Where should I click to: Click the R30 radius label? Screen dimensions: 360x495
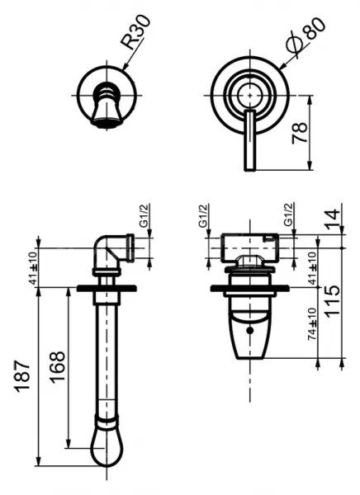(x=136, y=31)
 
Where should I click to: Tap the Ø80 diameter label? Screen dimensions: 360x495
(x=305, y=38)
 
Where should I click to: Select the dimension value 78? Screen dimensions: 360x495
(x=299, y=133)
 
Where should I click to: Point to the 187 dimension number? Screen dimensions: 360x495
(x=23, y=376)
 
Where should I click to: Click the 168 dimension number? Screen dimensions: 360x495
(x=58, y=367)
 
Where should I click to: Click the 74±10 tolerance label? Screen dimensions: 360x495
(x=312, y=324)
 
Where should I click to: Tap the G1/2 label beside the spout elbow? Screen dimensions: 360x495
(x=144, y=215)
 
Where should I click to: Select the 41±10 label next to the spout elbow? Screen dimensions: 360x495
(x=33, y=267)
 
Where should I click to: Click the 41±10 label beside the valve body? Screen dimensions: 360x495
(x=312, y=268)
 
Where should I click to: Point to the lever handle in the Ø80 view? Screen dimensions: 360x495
(x=249, y=141)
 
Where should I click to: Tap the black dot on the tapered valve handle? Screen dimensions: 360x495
(x=250, y=331)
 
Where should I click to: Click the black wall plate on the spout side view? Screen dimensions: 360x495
(x=107, y=288)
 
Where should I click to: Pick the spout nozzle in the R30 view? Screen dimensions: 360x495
(x=107, y=106)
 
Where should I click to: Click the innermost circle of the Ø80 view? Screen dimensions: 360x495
(x=250, y=95)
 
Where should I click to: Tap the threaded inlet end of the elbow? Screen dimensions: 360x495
(x=130, y=247)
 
